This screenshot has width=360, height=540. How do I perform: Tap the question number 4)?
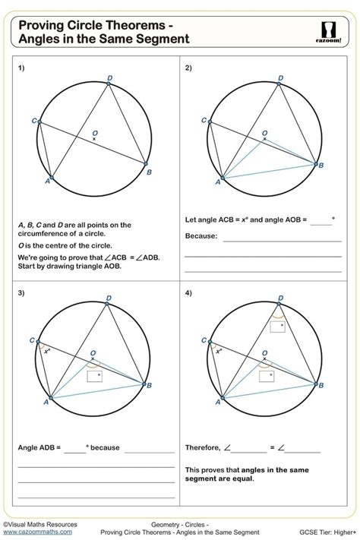tap(188, 293)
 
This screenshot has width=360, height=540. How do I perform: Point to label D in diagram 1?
tap(110, 77)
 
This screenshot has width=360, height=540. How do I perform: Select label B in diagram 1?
tap(150, 172)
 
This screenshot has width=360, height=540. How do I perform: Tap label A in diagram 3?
tap(46, 403)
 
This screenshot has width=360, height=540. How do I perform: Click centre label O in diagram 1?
tap(95, 133)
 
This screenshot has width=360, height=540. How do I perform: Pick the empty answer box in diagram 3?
tap(94, 375)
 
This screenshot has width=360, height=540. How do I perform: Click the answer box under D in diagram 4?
tap(277, 327)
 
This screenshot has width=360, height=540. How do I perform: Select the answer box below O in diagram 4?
tap(266, 375)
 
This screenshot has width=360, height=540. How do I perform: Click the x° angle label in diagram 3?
tap(47, 351)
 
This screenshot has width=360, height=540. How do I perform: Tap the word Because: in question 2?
tap(201, 235)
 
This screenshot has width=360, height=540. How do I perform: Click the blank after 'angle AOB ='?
tap(321, 221)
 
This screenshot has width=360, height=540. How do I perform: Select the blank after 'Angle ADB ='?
tap(75, 448)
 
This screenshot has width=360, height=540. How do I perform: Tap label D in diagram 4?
tap(280, 298)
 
